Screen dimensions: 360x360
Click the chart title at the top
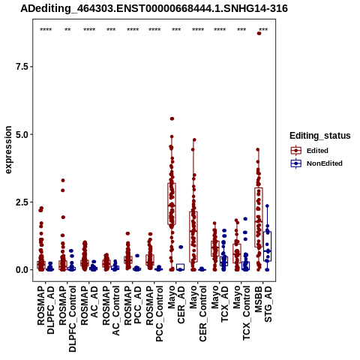pyautogui.click(x=154, y=8)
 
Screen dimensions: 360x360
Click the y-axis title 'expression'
pyautogui.click(x=8, y=150)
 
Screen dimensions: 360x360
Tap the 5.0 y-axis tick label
pyautogui.click(x=21, y=134)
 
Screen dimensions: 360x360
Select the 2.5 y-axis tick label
pyautogui.click(x=21, y=202)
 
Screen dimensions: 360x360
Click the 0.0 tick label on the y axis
pyautogui.click(x=21, y=270)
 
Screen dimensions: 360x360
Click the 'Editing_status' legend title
pyautogui.click(x=320, y=136)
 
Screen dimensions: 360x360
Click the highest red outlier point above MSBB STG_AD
pyautogui.click(x=259, y=33)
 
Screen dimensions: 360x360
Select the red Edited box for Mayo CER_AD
pyautogui.click(x=172, y=204)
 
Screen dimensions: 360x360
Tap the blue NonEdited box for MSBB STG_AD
pyautogui.click(x=267, y=247)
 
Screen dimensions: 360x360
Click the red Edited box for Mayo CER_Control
pyautogui.click(x=193, y=237)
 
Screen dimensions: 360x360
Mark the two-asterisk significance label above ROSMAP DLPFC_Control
pyautogui.click(x=67, y=30)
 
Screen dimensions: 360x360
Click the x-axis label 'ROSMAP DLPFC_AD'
pyautogui.click(x=46, y=310)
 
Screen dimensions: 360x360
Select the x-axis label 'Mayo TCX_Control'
pyautogui.click(x=241, y=313)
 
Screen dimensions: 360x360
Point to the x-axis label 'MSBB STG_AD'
pyautogui.click(x=263, y=304)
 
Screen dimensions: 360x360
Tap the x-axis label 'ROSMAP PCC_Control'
pyautogui.click(x=154, y=313)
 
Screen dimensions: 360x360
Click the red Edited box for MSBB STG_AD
pyautogui.click(x=259, y=217)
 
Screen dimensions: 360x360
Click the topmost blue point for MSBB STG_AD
pyautogui.click(x=267, y=205)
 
